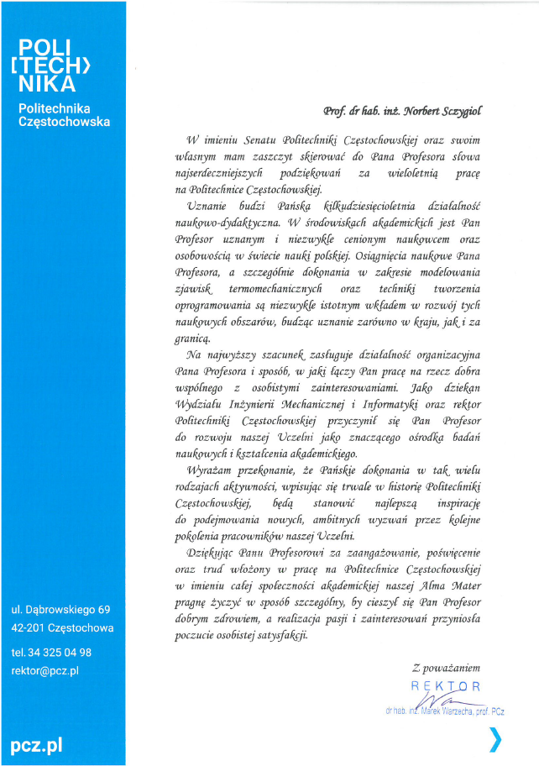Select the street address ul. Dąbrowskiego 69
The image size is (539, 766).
(x=60, y=609)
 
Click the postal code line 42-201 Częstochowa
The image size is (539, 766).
(x=62, y=627)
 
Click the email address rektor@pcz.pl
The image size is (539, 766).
(x=44, y=670)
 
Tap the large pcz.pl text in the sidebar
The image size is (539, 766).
(x=36, y=744)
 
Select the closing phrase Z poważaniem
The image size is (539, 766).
(x=446, y=668)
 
